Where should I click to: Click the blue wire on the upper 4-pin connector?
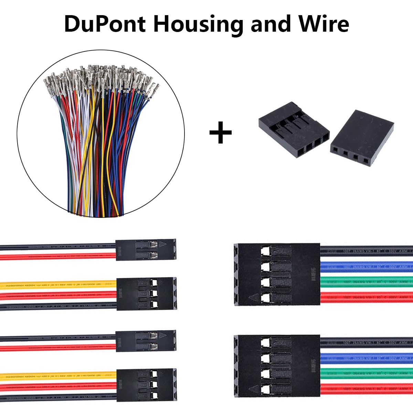[367, 266]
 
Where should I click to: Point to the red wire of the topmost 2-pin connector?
[59, 256]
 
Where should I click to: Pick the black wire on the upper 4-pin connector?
[367, 250]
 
